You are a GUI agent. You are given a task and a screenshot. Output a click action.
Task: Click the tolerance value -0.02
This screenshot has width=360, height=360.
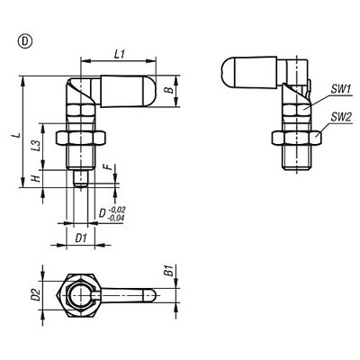(114, 209)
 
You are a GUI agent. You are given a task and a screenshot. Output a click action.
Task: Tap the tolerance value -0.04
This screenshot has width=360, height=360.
(114, 218)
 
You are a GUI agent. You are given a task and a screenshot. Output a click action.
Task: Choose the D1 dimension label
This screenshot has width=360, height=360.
(80, 238)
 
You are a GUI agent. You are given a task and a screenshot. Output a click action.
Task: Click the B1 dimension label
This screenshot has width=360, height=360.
(180, 271)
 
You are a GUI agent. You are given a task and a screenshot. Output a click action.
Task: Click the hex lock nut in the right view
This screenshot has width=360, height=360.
(298, 137)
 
